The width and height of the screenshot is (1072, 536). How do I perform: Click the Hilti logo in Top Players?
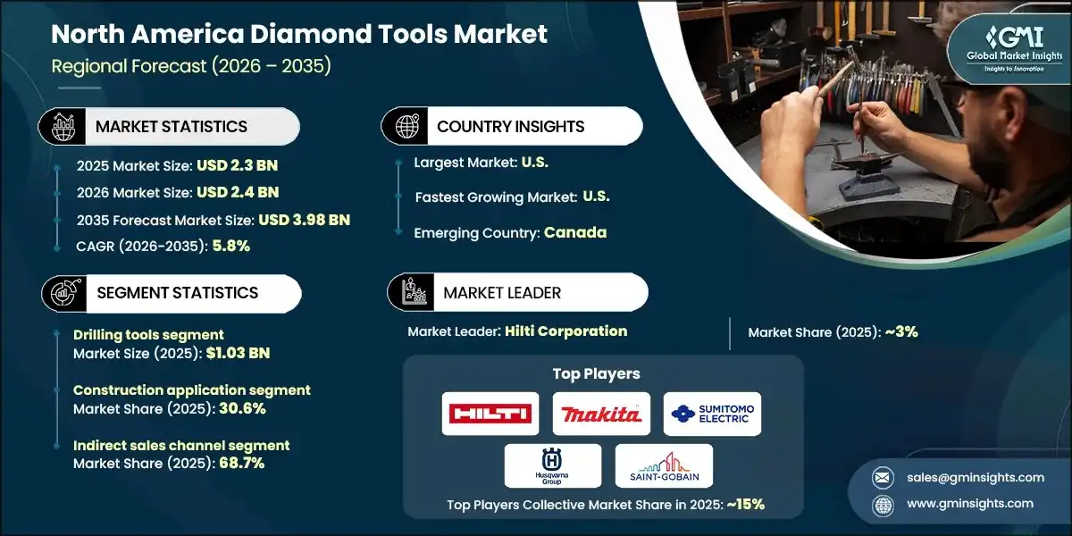coord(490,414)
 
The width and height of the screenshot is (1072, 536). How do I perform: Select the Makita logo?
coord(601,414)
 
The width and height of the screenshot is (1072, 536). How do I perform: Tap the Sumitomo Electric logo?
coord(712,414)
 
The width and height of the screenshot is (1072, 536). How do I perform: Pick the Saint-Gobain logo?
coord(664,465)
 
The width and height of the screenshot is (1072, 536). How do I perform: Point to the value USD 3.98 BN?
coord(304,220)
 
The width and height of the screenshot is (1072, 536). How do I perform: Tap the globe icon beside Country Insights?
coord(407,127)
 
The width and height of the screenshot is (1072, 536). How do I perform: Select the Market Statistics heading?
coord(172,127)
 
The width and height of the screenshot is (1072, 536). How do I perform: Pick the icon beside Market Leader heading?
coord(413,292)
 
